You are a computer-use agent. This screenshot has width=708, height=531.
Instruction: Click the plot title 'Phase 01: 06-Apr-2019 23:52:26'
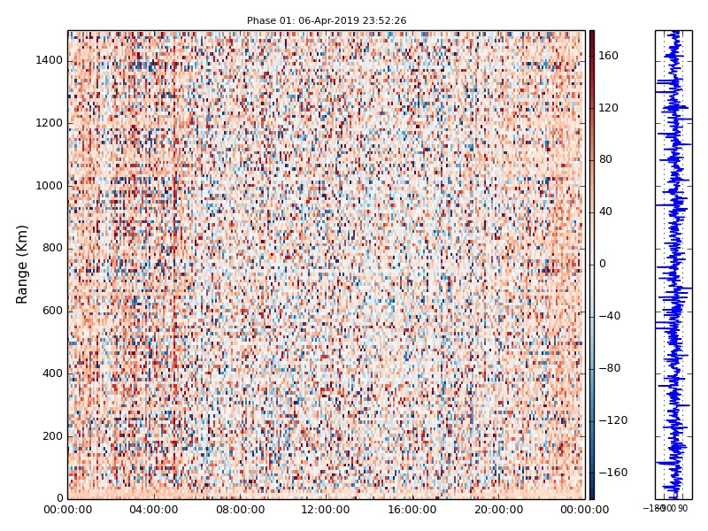coord(327,20)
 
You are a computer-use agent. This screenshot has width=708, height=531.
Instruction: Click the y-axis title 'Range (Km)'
coord(23,264)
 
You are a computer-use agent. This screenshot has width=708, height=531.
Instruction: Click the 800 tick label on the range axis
coord(50,248)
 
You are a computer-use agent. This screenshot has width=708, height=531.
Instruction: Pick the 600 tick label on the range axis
coord(50,311)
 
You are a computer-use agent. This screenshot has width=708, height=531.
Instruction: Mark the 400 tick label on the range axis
coord(50,373)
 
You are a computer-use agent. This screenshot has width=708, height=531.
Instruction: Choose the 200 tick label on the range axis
coord(50,436)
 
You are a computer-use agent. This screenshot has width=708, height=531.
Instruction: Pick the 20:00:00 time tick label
coord(498,510)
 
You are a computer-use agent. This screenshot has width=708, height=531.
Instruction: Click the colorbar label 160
coord(608,56)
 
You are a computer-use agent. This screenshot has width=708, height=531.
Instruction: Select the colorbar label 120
coord(608,108)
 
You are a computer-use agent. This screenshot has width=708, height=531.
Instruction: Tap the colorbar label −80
coord(611,368)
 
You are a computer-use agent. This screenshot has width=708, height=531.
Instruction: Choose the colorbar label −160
coord(613,473)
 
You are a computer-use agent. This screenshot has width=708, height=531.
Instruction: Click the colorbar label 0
coord(603,264)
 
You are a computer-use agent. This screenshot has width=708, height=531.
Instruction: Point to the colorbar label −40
coord(611,316)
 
